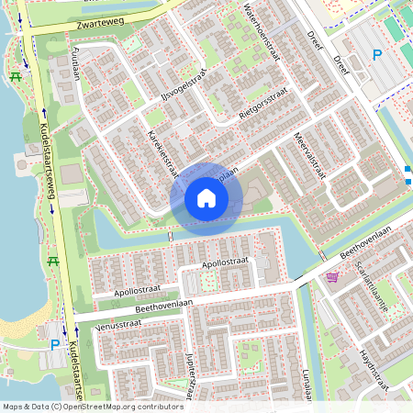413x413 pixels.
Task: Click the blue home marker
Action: tap(206, 197)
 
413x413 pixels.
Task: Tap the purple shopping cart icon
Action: tap(331, 276)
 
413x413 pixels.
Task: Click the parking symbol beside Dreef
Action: tap(376, 55)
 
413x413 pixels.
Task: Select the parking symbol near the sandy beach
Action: tap(54, 345)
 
